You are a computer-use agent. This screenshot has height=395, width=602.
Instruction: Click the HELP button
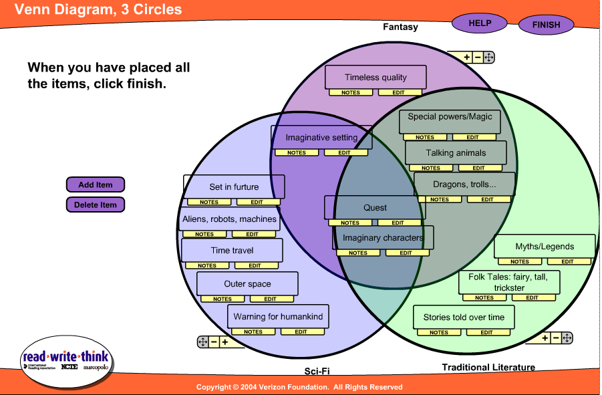(x=480, y=23)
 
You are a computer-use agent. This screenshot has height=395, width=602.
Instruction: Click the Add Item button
(x=96, y=185)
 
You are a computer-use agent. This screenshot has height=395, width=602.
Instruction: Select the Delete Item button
(x=96, y=205)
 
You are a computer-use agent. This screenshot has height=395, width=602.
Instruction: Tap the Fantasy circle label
(x=400, y=27)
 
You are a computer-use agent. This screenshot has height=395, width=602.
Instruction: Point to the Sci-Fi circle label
(x=317, y=372)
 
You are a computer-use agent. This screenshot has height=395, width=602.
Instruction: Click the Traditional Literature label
(x=488, y=367)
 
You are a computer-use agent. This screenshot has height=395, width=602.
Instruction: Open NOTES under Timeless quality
(x=351, y=93)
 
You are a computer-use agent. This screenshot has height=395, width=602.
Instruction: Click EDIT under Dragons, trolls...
(x=488, y=199)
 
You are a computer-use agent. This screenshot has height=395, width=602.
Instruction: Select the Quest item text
(x=375, y=208)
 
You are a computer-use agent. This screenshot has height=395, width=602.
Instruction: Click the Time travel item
(x=232, y=251)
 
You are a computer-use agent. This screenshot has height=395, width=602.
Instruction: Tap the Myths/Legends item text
(x=545, y=247)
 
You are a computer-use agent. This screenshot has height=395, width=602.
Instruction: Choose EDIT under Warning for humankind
(x=301, y=332)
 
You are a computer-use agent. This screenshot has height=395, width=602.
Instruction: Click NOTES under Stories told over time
(x=439, y=332)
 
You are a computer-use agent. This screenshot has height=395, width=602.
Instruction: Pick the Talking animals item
(x=456, y=153)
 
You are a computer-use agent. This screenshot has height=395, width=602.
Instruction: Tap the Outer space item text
(x=247, y=284)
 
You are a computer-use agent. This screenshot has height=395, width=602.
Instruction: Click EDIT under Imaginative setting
(x=344, y=152)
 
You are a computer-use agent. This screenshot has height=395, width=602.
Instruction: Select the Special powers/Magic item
(x=450, y=117)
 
